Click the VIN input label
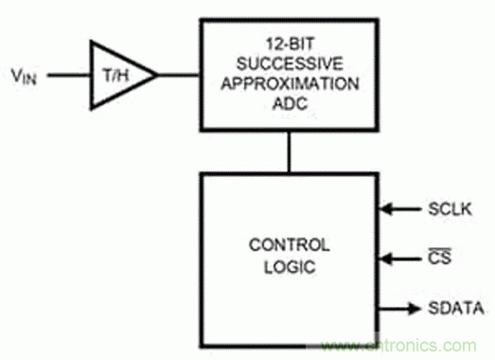[24, 76]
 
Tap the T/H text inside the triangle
[116, 76]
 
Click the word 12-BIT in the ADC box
[291, 44]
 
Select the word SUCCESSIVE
[290, 63]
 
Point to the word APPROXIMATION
[290, 83]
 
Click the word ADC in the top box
[290, 103]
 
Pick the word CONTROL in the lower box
[290, 245]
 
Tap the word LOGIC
[290, 267]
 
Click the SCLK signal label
[450, 209]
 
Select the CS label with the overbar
[440, 257]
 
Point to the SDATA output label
[456, 308]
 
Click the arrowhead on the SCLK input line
[386, 209]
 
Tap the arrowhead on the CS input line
[386, 259]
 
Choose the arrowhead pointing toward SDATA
[415, 308]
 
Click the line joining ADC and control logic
[289, 152]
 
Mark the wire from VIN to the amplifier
[69, 75]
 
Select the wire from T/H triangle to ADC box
[178, 75]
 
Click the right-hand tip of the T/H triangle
[157, 75]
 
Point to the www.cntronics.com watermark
[398, 346]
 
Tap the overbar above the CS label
[440, 250]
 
